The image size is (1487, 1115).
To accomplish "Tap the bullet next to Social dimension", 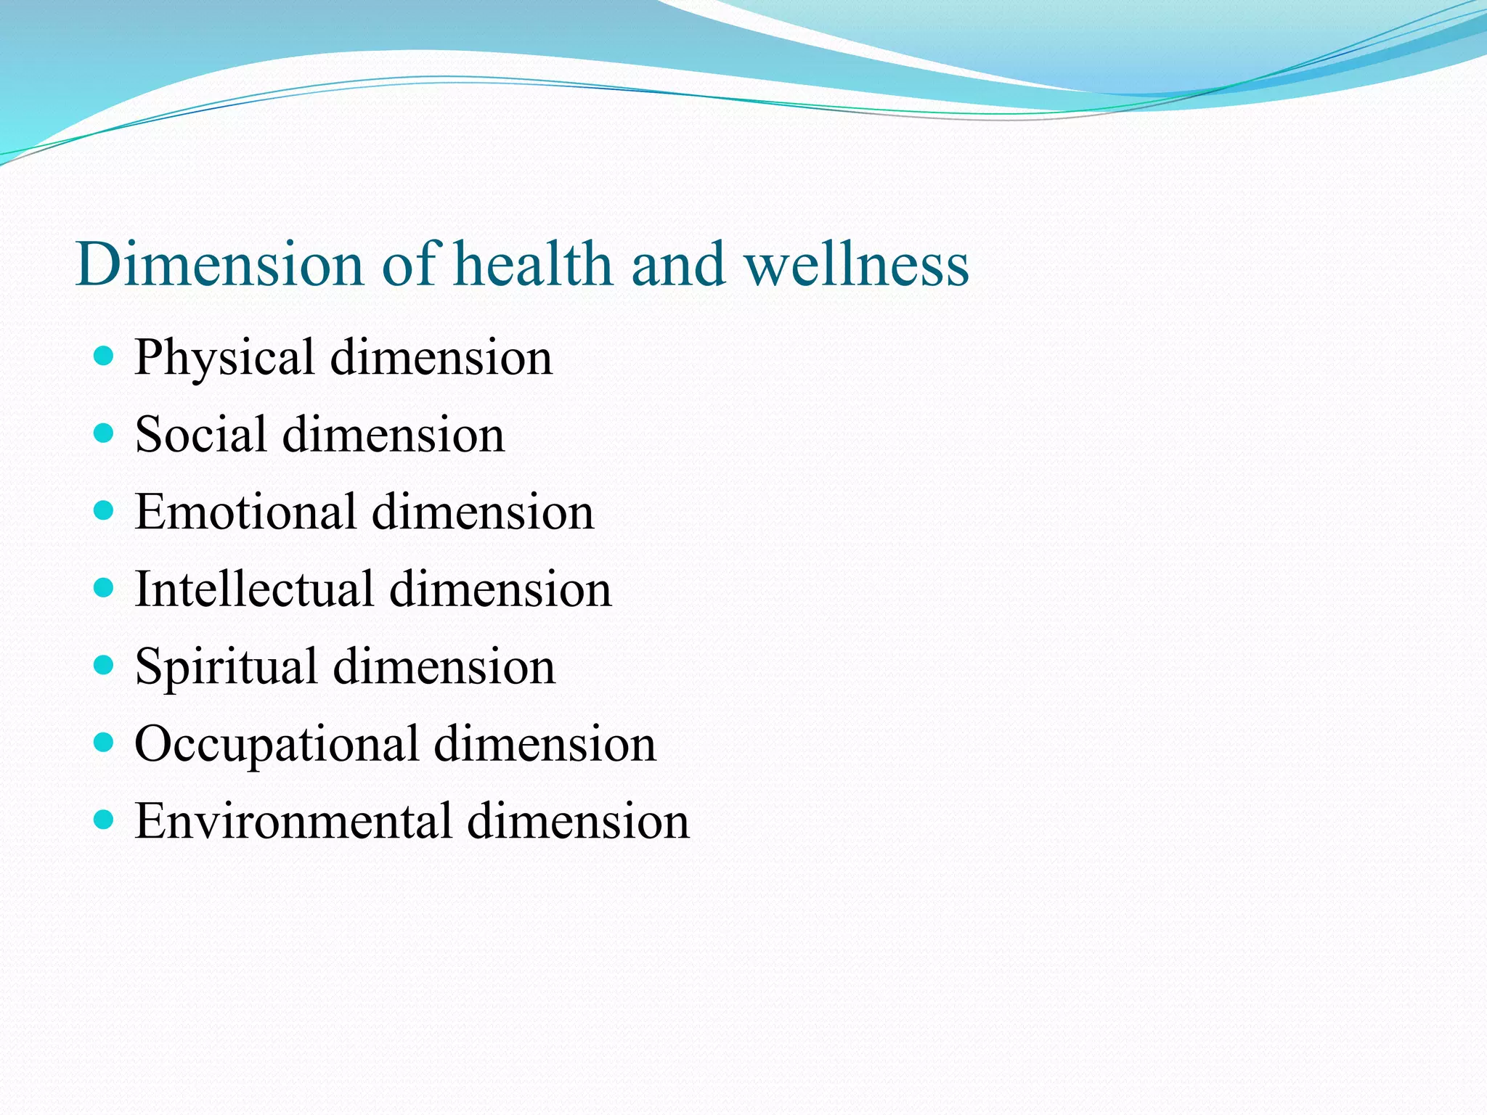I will click(105, 433).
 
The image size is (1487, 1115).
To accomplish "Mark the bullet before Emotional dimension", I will click(105, 510).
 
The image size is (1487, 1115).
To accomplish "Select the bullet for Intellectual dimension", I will click(105, 587).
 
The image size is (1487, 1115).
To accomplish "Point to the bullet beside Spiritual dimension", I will click(105, 665).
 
